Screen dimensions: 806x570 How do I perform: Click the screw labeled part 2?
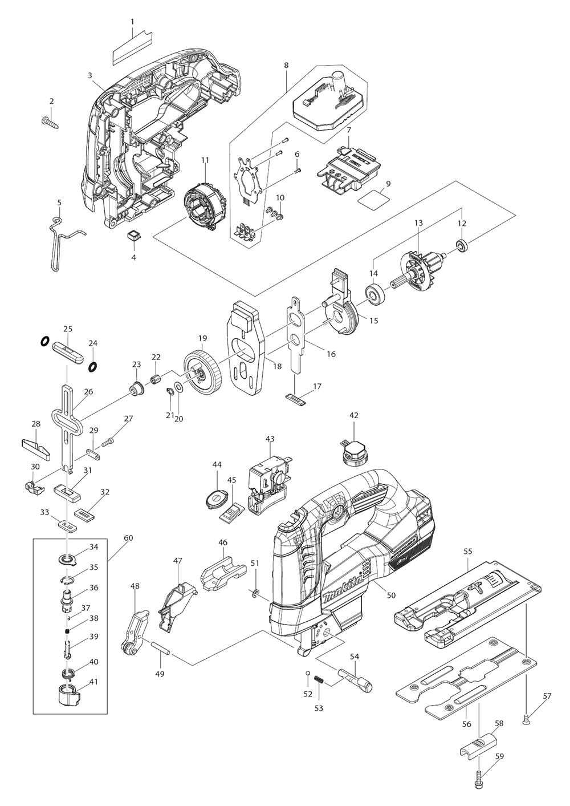click(x=51, y=121)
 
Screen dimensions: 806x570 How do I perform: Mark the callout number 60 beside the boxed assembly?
click(x=128, y=538)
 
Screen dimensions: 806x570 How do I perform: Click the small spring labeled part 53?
click(x=319, y=681)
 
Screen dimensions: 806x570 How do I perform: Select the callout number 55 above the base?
click(x=468, y=552)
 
